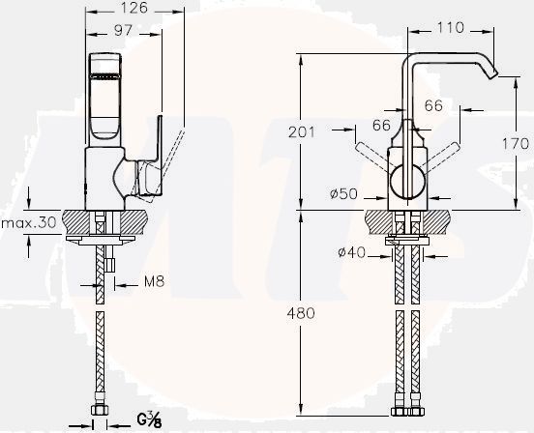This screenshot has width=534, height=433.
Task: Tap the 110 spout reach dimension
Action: [450, 29]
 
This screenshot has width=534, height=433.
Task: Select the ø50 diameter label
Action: [344, 194]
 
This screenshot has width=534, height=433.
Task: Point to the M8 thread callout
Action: [142, 283]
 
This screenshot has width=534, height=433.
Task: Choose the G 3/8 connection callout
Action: [149, 419]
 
